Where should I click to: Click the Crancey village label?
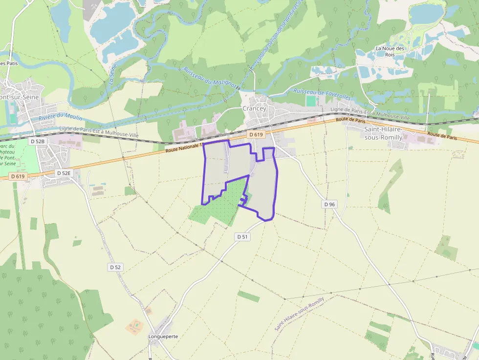coord(254,108)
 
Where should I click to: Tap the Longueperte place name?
coord(163,337)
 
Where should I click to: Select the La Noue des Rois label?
coord(390,51)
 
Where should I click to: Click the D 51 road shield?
coord(243,237)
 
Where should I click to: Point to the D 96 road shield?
coord(329,204)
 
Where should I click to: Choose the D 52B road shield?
coord(37,141)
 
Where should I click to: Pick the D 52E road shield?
coord(64,173)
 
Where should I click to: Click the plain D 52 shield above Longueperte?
coord(115,267)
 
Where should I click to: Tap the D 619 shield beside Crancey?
coord(256,134)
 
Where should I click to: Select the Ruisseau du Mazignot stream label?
coord(211,77)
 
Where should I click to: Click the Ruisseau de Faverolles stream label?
coord(322,94)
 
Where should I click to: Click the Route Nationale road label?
coord(184,148)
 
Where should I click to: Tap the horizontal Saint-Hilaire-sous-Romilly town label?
coord(384,133)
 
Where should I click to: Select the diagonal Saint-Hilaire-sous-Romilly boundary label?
coord(299,314)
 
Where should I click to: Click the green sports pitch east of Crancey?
coord(311,101)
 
